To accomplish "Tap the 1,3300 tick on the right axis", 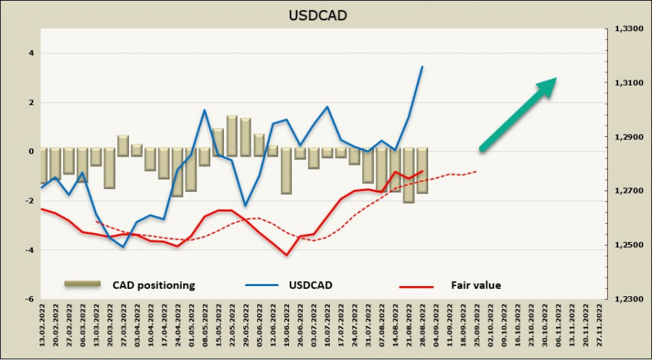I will pyautogui.click(x=628, y=30).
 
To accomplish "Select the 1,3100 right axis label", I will pyautogui.click(x=628, y=84).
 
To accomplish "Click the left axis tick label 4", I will pyautogui.click(x=31, y=53).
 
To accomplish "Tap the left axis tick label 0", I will pyautogui.click(x=31, y=151).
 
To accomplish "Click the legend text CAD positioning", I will pyautogui.click(x=153, y=285).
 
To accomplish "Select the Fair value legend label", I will pyautogui.click(x=475, y=285).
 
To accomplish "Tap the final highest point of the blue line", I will pyautogui.click(x=422, y=67).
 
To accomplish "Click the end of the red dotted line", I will pyautogui.click(x=477, y=172).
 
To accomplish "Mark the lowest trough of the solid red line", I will pyautogui.click(x=287, y=255).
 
